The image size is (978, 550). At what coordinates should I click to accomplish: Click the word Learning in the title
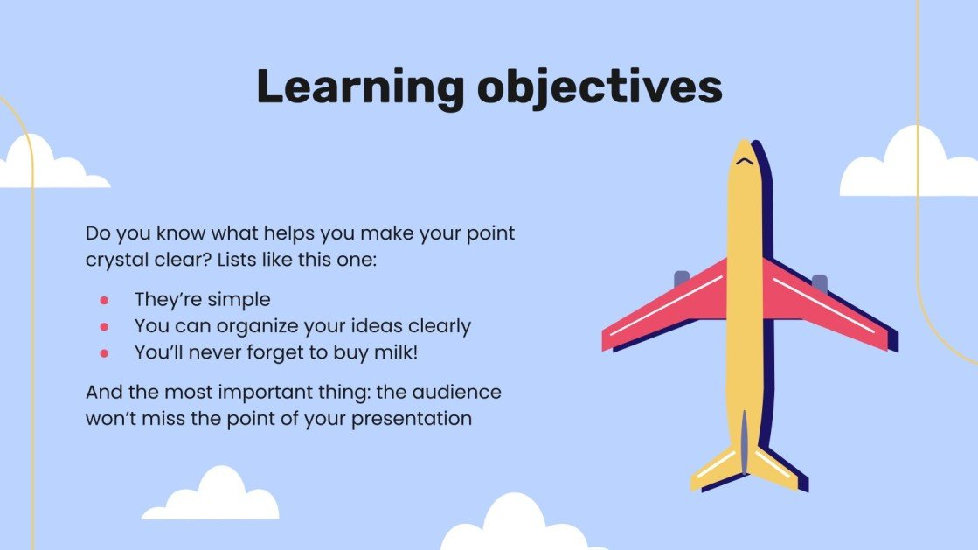pyautogui.click(x=360, y=87)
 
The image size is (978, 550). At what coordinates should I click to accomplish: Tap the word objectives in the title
pyautogui.click(x=600, y=87)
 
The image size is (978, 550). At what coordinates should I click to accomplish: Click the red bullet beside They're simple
pyautogui.click(x=103, y=300)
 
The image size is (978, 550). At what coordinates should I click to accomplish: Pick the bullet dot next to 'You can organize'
pyautogui.click(x=103, y=326)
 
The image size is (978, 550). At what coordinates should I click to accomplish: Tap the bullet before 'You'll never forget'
pyautogui.click(x=103, y=352)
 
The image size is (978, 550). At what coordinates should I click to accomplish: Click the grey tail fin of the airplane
pyautogui.click(x=744, y=442)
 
